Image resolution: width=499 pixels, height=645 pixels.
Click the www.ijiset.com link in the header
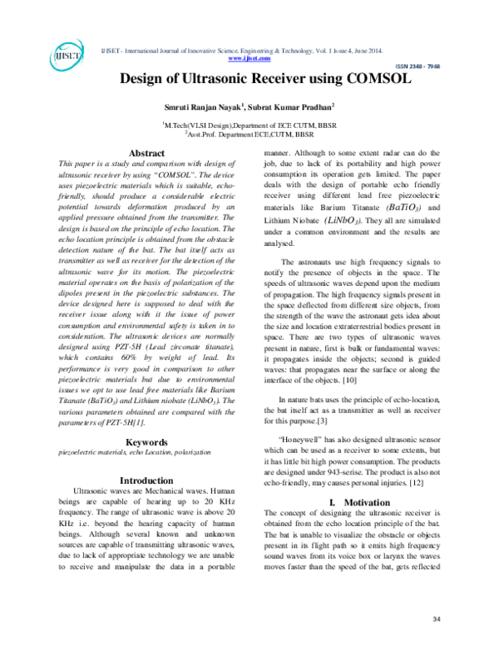[x=249, y=58]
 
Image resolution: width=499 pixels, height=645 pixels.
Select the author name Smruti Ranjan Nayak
[x=200, y=107]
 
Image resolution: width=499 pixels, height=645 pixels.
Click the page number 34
[x=437, y=620]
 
